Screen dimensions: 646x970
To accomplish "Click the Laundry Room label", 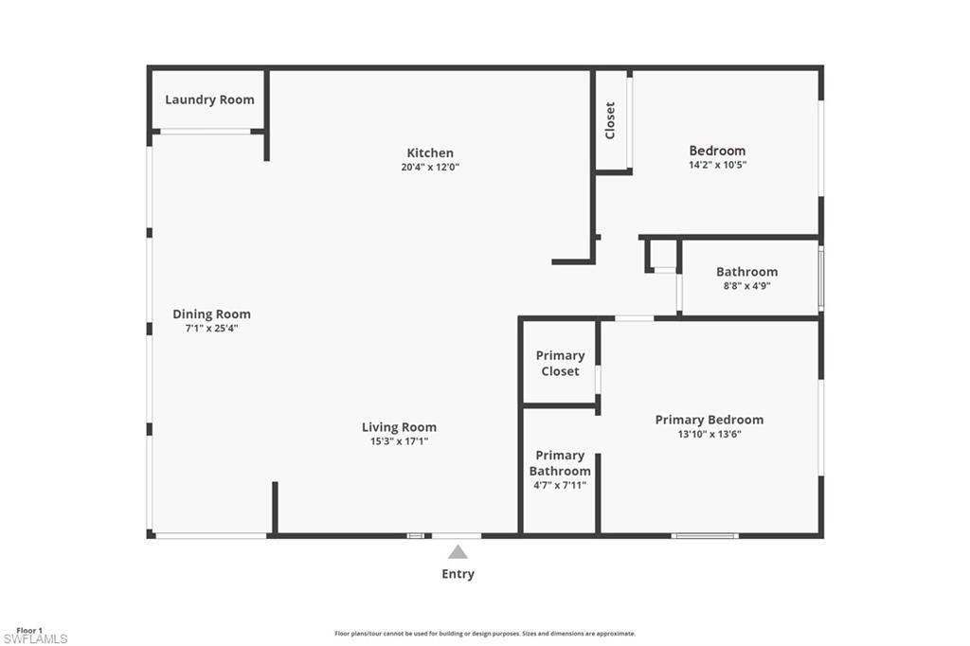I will tap(209, 99).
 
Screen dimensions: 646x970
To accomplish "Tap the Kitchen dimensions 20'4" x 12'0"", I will tap(430, 168).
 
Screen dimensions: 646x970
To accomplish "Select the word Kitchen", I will tap(430, 153).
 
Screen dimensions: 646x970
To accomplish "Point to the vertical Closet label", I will tap(610, 120).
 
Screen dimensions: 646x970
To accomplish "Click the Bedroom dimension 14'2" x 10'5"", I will tap(717, 165).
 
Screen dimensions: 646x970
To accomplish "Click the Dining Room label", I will tap(211, 314).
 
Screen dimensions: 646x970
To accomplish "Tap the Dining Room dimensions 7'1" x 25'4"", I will tap(211, 329).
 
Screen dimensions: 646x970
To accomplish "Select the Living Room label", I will tap(399, 426).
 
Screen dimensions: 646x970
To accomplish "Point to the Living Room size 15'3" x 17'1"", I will tap(399, 441).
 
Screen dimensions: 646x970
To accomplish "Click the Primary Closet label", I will tap(560, 363).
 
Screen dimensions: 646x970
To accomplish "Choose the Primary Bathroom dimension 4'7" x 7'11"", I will tap(559, 485).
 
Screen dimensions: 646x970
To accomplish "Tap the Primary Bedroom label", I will tap(709, 420).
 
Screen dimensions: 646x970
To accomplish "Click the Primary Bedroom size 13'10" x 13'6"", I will tap(709, 435).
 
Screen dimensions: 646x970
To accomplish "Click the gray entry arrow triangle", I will tap(458, 552).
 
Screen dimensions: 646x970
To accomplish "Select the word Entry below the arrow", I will tap(458, 574).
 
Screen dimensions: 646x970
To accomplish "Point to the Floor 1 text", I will tap(29, 630).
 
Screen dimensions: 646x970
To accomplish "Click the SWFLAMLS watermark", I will tap(35, 639).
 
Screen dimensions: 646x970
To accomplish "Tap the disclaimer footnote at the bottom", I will tap(484, 634).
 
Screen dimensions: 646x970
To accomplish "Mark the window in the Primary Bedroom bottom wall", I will tap(705, 536).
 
